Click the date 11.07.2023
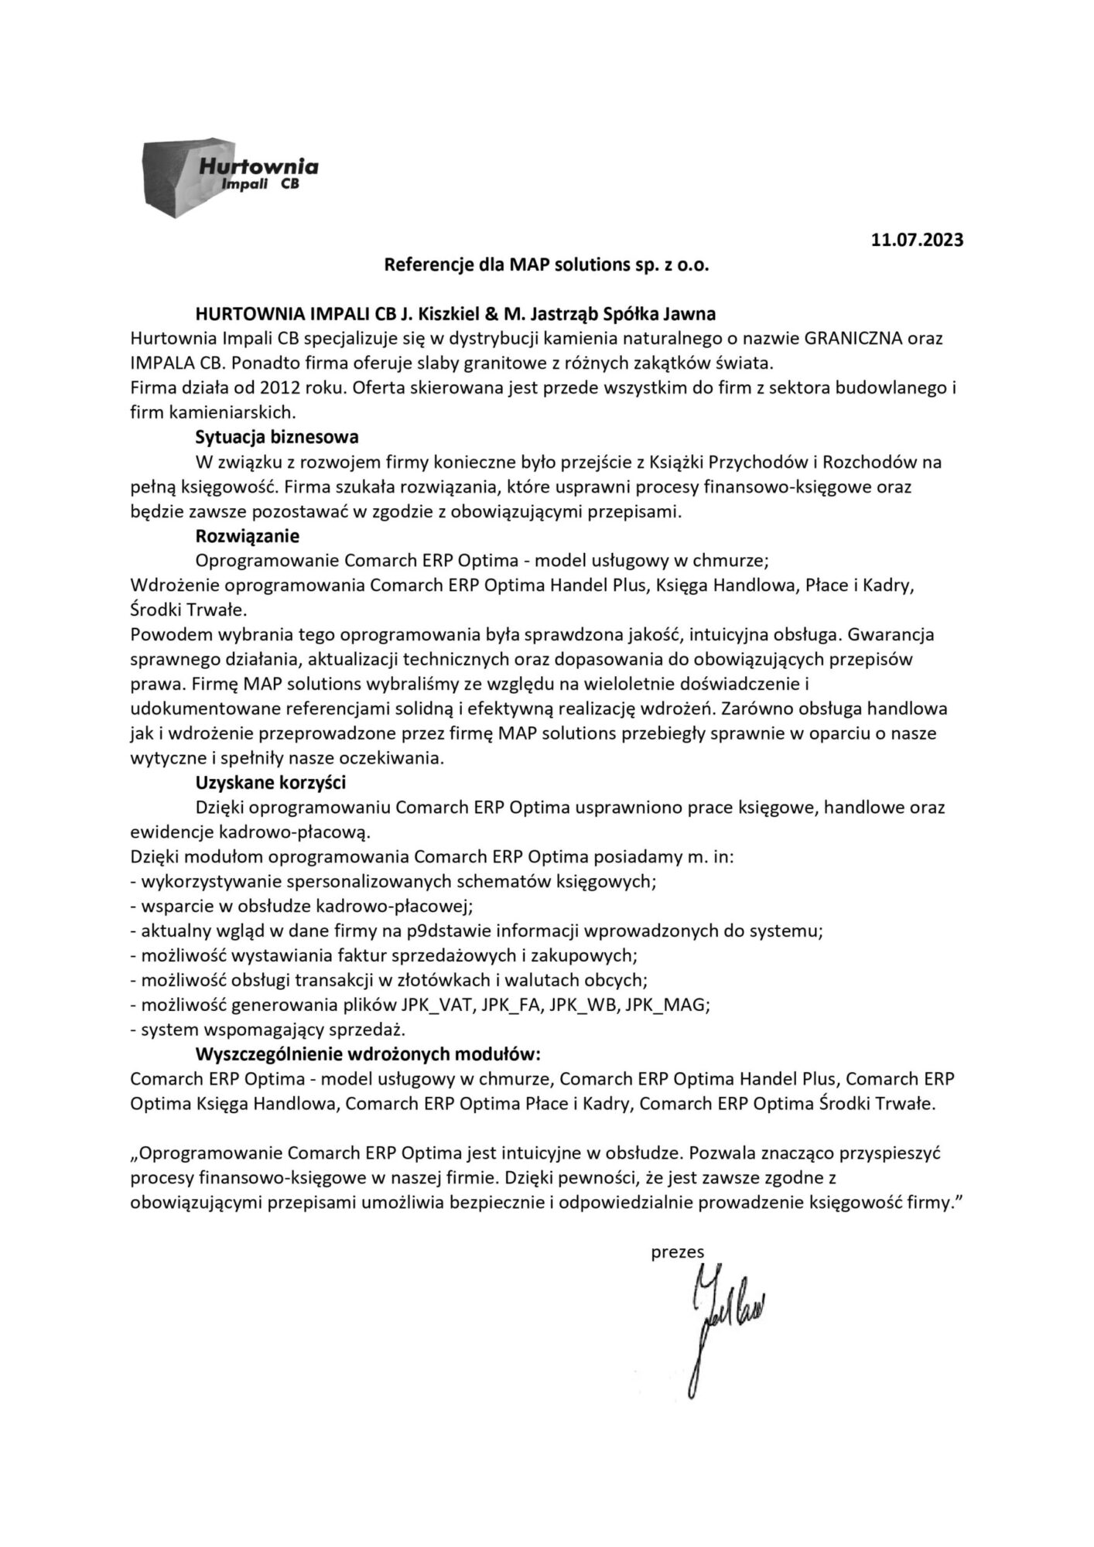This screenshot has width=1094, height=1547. point(917,240)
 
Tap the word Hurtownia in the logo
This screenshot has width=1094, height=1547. point(258,166)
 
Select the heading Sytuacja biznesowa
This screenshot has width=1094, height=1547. point(277,437)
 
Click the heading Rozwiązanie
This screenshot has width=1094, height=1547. point(248,535)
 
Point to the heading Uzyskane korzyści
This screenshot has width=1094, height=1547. point(270,782)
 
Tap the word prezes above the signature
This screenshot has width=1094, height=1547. point(672,1252)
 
